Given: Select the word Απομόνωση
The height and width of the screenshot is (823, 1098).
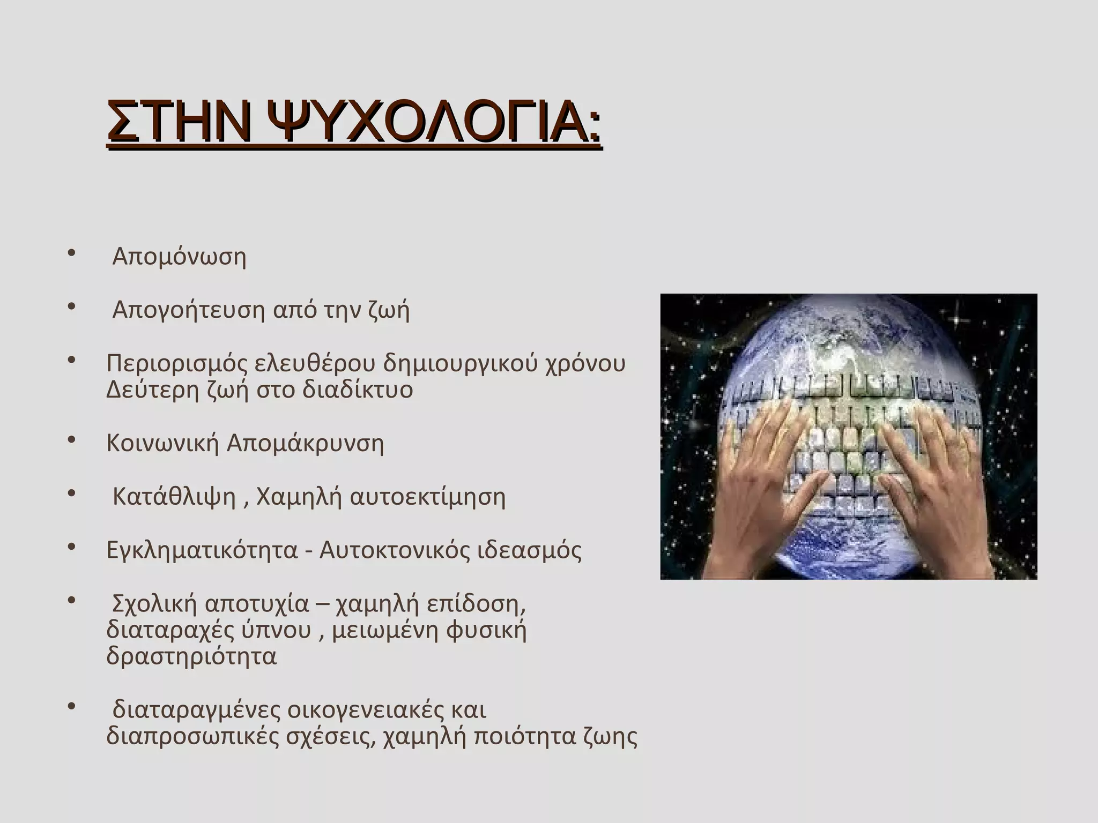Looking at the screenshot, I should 179,257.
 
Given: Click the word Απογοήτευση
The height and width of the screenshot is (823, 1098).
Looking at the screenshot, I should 189,310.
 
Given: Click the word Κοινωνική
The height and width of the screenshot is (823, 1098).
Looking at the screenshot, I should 162,444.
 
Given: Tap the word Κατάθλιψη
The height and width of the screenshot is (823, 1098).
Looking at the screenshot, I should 174,497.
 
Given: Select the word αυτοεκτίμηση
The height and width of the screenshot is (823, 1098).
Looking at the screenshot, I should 427,497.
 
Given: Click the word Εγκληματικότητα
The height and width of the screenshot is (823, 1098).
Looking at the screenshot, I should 202,550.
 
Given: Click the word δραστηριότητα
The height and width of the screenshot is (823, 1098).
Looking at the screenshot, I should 191,656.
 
